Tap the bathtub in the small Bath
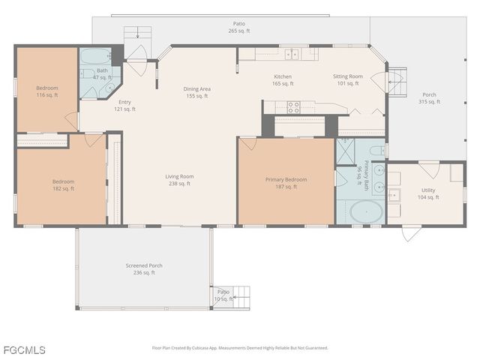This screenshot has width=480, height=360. (x=94, y=57)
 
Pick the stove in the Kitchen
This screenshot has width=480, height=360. (x=293, y=106)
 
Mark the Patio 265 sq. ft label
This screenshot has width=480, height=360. (x=238, y=28)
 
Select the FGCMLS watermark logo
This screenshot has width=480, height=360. (x=23, y=349)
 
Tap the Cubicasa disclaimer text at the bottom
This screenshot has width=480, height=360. (x=240, y=348)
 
